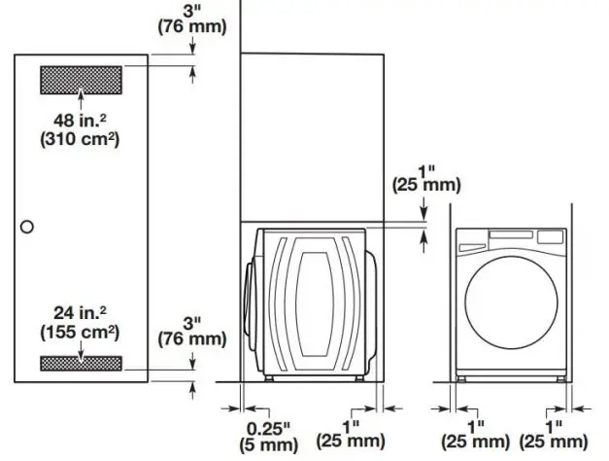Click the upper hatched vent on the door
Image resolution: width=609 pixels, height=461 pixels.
(81, 79)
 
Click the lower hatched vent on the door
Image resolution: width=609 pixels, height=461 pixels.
(81, 363)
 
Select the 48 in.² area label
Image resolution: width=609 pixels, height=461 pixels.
(81, 121)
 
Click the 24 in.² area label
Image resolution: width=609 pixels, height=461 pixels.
(81, 313)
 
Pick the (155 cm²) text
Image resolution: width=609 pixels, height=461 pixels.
(81, 331)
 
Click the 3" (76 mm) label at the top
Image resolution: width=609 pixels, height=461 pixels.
(192, 18)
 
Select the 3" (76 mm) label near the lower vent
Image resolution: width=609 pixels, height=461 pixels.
(192, 331)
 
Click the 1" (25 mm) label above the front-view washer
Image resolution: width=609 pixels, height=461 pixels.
(426, 176)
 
